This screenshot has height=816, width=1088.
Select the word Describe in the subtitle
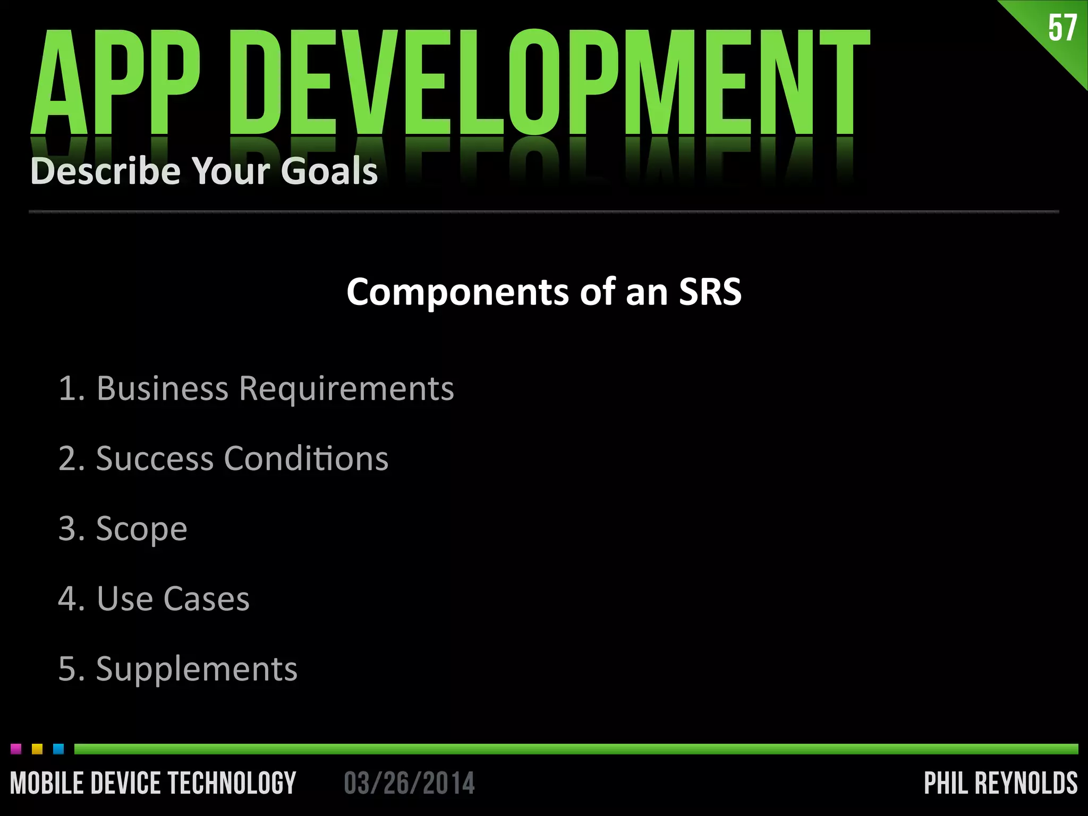[x=105, y=171]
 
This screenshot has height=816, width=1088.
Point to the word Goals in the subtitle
[x=329, y=171]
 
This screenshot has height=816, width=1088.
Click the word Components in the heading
[x=457, y=292]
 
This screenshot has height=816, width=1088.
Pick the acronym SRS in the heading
[x=710, y=292]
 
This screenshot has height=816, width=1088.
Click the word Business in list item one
[x=162, y=388]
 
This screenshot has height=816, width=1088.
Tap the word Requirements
[x=346, y=389]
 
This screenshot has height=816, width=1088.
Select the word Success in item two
[x=154, y=458]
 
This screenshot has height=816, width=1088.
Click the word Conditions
[x=306, y=458]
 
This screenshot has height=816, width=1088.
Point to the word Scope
[x=141, y=529]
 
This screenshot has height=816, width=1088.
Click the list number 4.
[x=68, y=599]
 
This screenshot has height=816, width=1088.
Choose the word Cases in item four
[x=206, y=599]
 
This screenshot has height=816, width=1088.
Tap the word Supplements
[x=197, y=669]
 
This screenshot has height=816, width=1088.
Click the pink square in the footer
[x=16, y=749]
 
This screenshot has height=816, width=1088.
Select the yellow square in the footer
[x=37, y=749]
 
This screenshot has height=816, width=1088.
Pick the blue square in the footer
[x=58, y=749]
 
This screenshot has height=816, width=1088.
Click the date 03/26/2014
[x=409, y=784]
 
